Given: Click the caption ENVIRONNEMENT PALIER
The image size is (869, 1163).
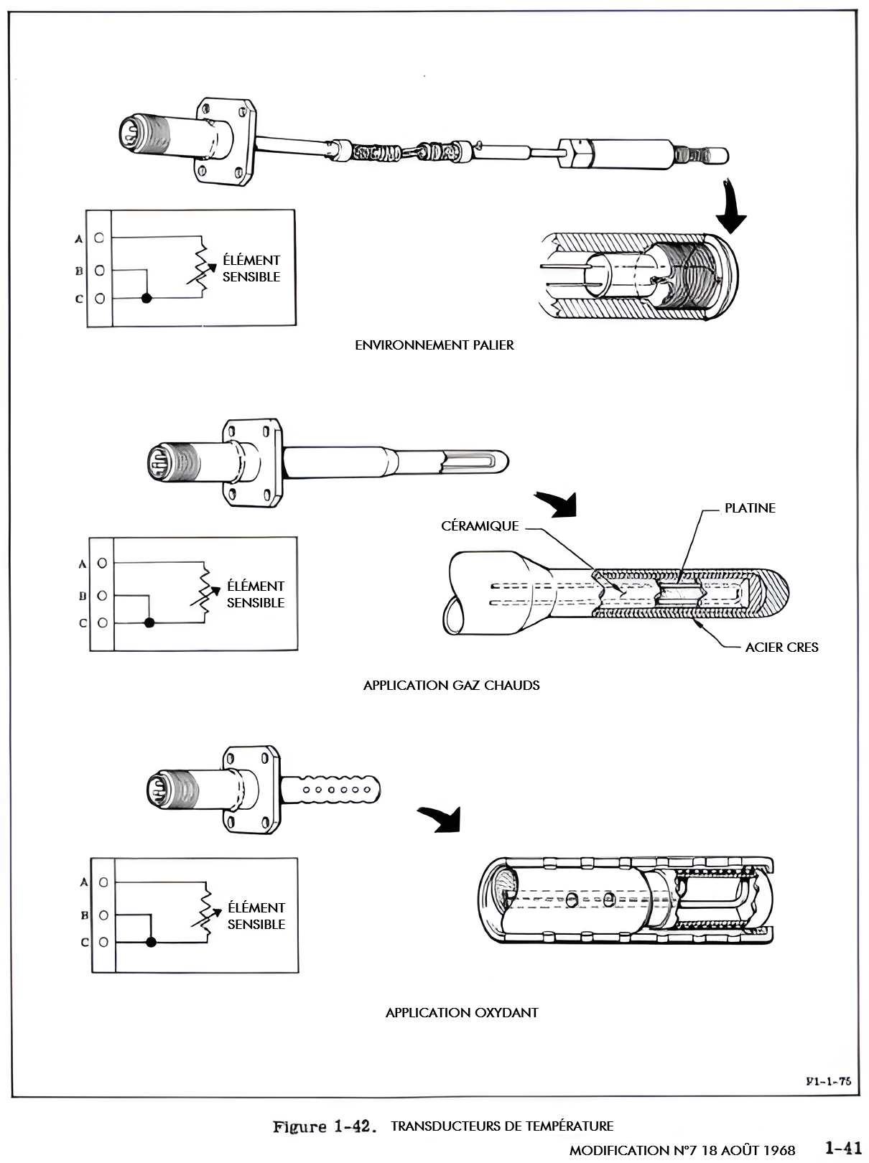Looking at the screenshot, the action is [434, 345].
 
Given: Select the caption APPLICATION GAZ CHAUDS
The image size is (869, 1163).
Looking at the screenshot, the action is [452, 685].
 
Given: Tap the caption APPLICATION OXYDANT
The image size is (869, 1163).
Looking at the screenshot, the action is [462, 1012].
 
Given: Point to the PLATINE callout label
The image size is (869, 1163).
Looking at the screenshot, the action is [750, 508].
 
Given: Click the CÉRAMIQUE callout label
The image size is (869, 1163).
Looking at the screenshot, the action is [480, 526].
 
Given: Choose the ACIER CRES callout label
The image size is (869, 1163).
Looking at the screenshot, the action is [781, 647].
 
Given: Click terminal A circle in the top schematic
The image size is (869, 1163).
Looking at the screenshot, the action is [99, 238].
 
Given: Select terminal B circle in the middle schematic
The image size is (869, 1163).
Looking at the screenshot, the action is [102, 596].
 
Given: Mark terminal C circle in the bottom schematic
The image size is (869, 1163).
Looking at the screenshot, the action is [104, 942].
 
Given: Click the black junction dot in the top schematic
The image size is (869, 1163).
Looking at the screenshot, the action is [147, 299].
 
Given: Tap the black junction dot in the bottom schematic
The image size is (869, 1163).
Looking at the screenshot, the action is [151, 942].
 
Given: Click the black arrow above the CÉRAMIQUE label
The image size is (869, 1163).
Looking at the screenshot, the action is [557, 503].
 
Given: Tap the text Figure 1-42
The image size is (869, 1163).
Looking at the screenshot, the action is [325, 1126].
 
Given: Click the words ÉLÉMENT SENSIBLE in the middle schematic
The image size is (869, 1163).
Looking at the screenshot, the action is [256, 594].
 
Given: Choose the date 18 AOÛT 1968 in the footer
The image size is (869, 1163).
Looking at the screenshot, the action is [748, 1150].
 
